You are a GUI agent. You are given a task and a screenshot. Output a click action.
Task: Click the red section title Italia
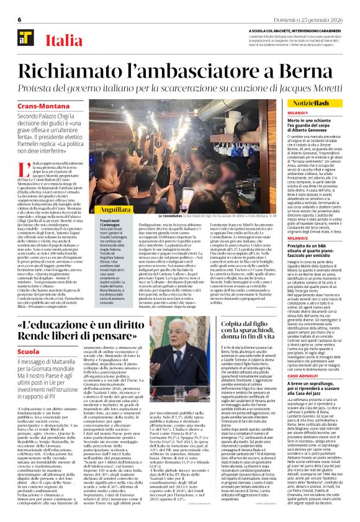[62, 41]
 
